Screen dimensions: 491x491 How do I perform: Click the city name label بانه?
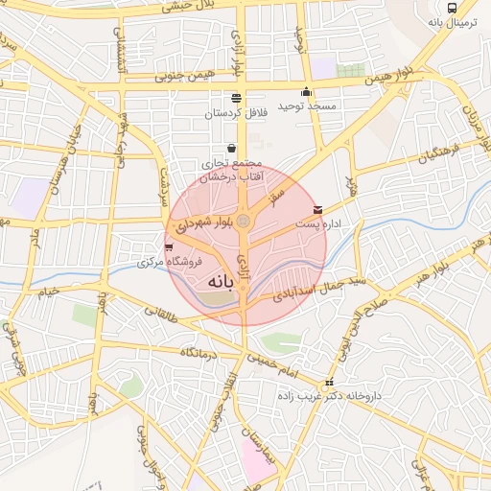221,283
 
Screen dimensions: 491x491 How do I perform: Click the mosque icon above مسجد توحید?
306,92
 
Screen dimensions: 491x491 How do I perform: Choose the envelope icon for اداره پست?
317,209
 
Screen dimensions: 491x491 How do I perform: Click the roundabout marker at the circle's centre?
244,222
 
